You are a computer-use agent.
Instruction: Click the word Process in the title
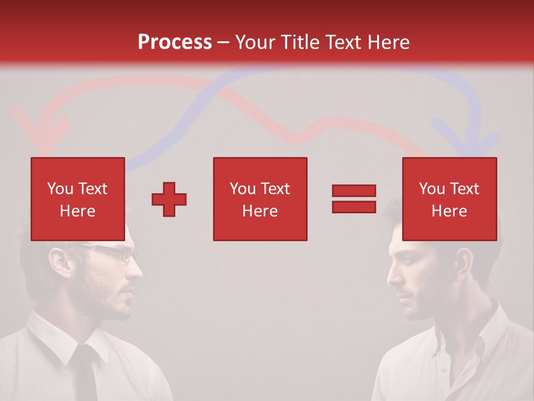pyautogui.click(x=175, y=42)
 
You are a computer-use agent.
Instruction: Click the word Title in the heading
pyautogui.click(x=301, y=42)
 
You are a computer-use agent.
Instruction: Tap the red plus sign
pyautogui.click(x=169, y=199)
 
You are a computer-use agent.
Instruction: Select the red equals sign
pyautogui.click(x=354, y=199)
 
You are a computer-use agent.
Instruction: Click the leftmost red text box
pyautogui.click(x=77, y=199)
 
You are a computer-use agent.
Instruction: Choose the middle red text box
pyautogui.click(x=260, y=199)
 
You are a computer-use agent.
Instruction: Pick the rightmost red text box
pyautogui.click(x=449, y=199)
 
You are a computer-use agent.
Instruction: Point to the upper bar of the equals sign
pyautogui.click(x=354, y=190)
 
